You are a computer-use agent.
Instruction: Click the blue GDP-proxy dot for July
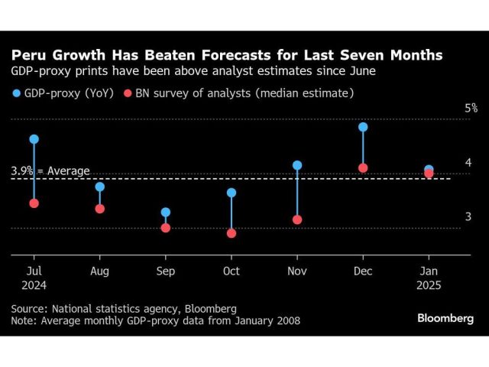click(34, 139)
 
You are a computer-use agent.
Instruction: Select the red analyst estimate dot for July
click(34, 203)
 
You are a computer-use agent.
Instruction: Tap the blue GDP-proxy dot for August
click(99, 187)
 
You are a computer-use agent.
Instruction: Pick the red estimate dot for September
click(166, 228)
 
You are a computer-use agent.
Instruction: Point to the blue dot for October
click(232, 193)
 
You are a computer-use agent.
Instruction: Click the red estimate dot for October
click(232, 233)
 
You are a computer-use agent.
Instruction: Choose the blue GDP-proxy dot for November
click(297, 165)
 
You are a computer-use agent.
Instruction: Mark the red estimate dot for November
click(297, 220)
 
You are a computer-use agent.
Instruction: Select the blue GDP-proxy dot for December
click(363, 127)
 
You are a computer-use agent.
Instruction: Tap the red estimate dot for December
click(363, 168)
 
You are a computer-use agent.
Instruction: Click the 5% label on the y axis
click(471, 109)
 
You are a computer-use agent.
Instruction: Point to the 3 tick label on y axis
click(468, 217)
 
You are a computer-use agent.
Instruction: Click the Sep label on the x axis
click(166, 271)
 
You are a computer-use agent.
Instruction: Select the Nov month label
click(297, 271)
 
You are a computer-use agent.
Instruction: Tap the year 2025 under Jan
click(429, 285)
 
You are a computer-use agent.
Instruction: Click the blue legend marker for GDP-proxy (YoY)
click(15, 93)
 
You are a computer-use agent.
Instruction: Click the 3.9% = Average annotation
click(50, 171)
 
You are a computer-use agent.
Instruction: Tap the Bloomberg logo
click(445, 319)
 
